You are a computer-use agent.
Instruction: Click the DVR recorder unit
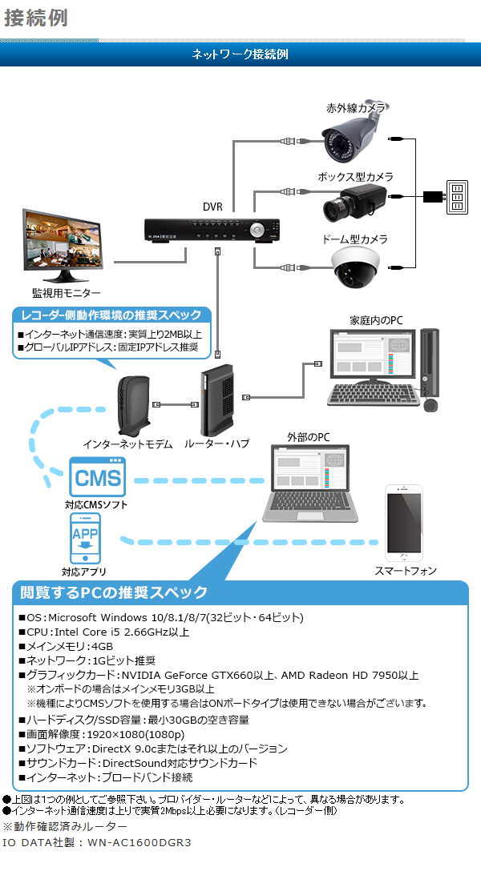click(x=212, y=230)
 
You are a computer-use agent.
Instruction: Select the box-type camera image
click(x=353, y=203)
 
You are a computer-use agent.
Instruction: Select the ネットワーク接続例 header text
click(x=240, y=54)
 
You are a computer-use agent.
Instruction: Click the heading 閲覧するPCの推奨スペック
click(x=114, y=592)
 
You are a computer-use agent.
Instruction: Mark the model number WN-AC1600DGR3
click(x=141, y=842)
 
